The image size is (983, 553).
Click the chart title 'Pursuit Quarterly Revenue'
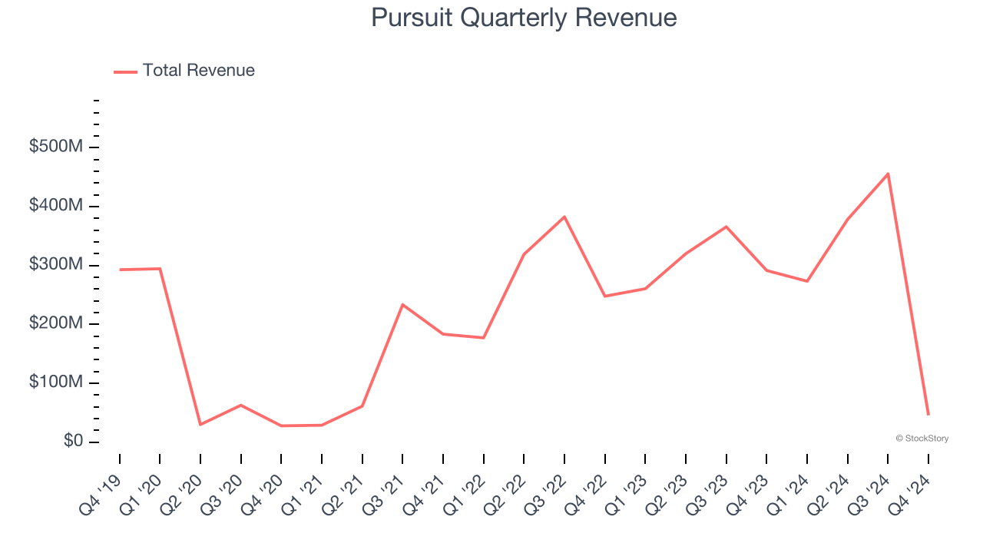tap(524, 18)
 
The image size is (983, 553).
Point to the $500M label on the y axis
tap(55, 147)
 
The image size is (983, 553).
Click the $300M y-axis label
tap(55, 265)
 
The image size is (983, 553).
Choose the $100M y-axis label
tap(55, 382)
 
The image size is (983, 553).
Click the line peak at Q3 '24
tap(888, 174)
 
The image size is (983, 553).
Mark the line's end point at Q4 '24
tap(928, 415)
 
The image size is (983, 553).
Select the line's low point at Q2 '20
tap(200, 425)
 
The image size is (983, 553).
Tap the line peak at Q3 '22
tap(564, 217)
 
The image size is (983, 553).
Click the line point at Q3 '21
tap(402, 304)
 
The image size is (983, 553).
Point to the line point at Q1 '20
tap(160, 269)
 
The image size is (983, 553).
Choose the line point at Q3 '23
tap(726, 227)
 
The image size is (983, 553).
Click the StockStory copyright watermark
tap(922, 439)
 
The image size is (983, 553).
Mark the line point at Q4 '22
tap(604, 296)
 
